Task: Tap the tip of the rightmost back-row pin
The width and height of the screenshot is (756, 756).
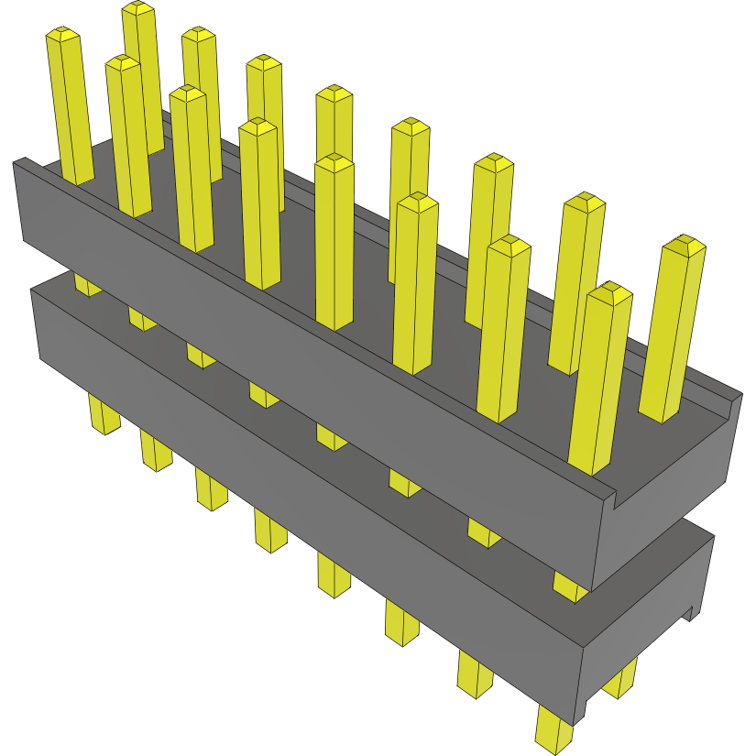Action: [x=684, y=244]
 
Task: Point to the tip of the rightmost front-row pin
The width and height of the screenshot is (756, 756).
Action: [x=609, y=292]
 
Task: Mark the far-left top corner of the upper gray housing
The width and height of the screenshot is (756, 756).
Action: [x=15, y=162]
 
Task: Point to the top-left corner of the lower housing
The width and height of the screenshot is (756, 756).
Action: [x=33, y=291]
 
